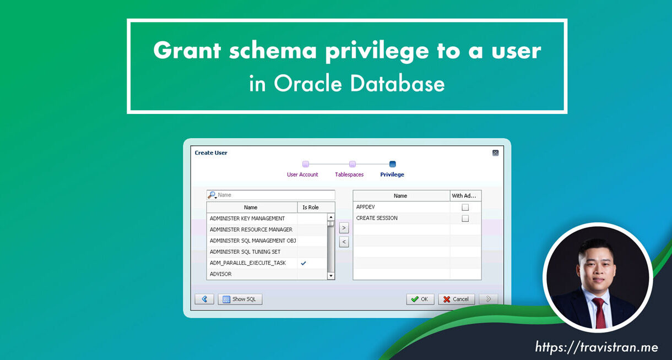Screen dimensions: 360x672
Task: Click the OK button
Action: (420, 299)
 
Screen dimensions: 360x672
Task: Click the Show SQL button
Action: (240, 299)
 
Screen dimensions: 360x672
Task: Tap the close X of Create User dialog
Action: (495, 153)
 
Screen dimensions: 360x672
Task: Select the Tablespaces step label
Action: (349, 174)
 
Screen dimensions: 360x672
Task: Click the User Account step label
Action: (302, 174)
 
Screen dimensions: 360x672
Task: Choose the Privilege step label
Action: (392, 174)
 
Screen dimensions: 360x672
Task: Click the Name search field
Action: (274, 195)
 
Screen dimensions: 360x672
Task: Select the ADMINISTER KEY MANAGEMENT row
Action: (251, 219)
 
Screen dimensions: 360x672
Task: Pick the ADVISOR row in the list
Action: (251, 274)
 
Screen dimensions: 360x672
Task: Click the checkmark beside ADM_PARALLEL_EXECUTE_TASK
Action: (304, 263)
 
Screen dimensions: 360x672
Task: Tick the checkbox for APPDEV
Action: (465, 208)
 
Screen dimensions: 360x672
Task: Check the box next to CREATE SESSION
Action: (465, 219)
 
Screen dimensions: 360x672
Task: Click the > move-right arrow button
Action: (344, 228)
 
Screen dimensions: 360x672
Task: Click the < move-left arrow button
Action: (344, 242)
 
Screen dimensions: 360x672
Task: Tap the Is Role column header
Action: (311, 208)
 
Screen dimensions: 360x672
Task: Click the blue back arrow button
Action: (204, 299)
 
